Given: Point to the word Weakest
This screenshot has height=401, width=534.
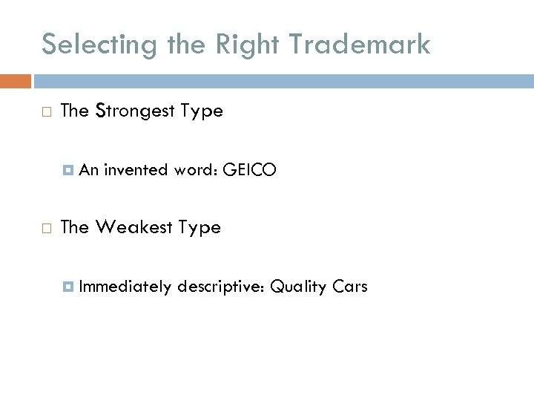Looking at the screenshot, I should click(x=136, y=227).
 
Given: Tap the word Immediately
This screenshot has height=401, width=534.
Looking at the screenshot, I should click(x=125, y=286).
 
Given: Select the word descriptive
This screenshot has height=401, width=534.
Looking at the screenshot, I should click(x=221, y=286).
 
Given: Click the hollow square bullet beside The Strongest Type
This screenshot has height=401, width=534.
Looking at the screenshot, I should click(x=46, y=112).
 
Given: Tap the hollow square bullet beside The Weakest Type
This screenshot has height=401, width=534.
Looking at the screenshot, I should click(x=46, y=228).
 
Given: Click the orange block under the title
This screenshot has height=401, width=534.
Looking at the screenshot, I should click(x=16, y=80).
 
